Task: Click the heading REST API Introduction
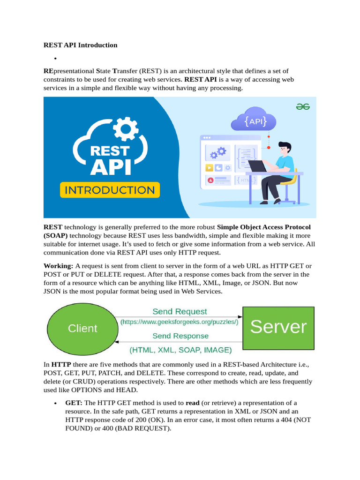pyautogui.click(x=80, y=45)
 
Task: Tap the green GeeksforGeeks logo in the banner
pyautogui.click(x=303, y=106)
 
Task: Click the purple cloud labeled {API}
pyautogui.click(x=254, y=120)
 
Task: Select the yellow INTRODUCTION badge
pyautogui.click(x=110, y=190)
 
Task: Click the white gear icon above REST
pyautogui.click(x=126, y=129)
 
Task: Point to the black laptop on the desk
pyautogui.click(x=257, y=166)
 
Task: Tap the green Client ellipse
pyautogui.click(x=82, y=329)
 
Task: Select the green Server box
pyautogui.click(x=278, y=328)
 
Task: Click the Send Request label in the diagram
pyautogui.click(x=180, y=311)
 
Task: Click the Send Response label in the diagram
pyautogui.click(x=180, y=336)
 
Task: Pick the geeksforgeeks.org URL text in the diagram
pyautogui.click(x=180, y=322)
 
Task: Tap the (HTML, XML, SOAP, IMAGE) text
pyautogui.click(x=180, y=350)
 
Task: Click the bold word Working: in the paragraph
pyautogui.click(x=58, y=266)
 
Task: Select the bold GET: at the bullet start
pyautogui.click(x=74, y=403)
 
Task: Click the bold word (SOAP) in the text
pyautogui.click(x=55, y=235)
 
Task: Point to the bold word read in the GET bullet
pyautogui.click(x=193, y=403)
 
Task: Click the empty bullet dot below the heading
pyautogui.click(x=55, y=58)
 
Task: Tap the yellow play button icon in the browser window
pyautogui.click(x=209, y=168)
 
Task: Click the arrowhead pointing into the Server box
pyautogui.click(x=240, y=316)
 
